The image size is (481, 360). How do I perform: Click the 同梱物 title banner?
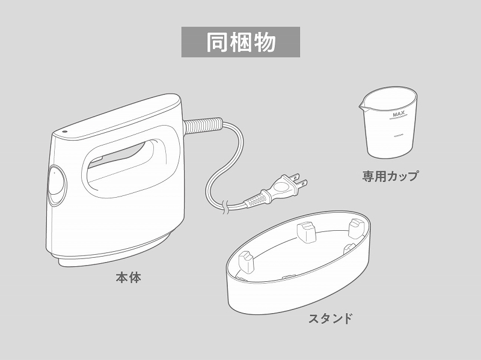240,42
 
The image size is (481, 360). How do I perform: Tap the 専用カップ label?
390,177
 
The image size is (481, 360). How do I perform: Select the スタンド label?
330,319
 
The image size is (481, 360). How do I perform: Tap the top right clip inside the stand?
355,226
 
